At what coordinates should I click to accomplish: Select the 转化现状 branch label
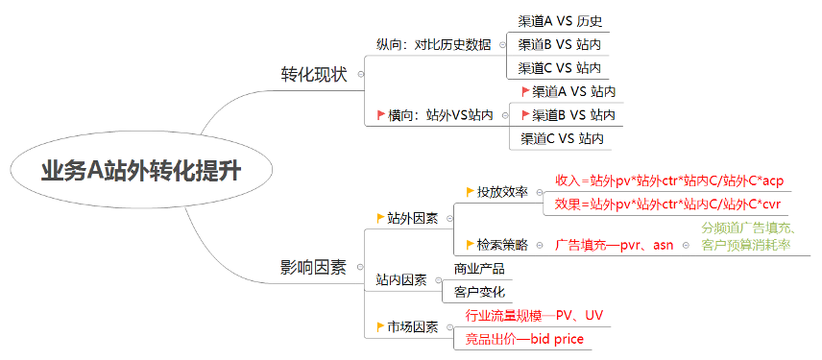tap(313, 74)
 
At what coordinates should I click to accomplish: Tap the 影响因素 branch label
tap(313, 267)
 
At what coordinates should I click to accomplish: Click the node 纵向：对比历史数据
tap(433, 44)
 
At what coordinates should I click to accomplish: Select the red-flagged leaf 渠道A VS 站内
tap(573, 91)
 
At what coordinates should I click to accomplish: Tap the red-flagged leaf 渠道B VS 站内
tap(573, 115)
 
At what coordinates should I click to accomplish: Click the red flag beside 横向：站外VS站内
tap(381, 115)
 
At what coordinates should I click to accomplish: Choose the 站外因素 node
tap(413, 219)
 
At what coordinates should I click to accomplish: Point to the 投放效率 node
tap(502, 192)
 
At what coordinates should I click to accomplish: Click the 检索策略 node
tap(502, 246)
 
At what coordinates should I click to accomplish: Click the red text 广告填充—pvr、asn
tap(614, 246)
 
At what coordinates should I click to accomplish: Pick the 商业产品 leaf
tap(478, 269)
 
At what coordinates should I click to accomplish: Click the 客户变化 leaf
tap(478, 292)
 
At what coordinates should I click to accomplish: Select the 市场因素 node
tap(413, 327)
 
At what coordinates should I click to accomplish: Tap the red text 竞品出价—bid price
tap(524, 339)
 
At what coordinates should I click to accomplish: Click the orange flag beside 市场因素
tap(381, 327)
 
